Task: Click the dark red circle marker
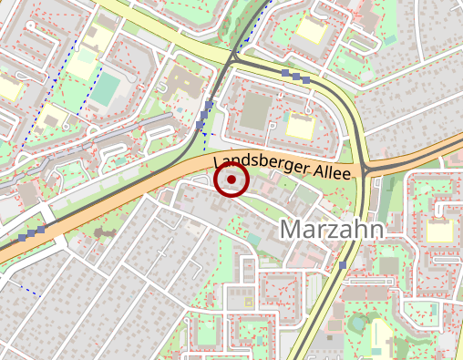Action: click(x=231, y=180)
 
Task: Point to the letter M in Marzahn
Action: click(x=292, y=228)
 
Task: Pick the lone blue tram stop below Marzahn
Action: click(x=343, y=265)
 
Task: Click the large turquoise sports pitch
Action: click(x=106, y=87)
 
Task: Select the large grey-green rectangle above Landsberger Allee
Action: click(x=255, y=111)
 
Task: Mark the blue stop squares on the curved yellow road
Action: click(x=296, y=77)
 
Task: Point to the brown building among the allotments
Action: click(x=98, y=233)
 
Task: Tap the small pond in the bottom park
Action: click(x=358, y=323)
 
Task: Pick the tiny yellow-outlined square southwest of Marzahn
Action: click(x=249, y=301)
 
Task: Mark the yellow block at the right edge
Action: click(x=439, y=231)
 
